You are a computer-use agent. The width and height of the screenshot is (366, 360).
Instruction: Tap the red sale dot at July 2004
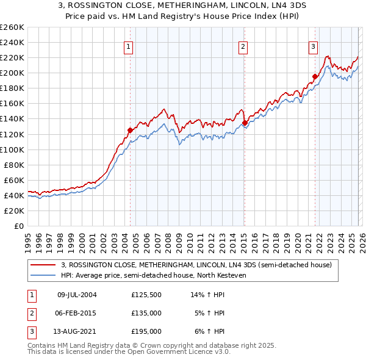tap(130, 130)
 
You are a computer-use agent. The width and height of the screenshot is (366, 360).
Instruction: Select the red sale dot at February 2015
tap(244, 123)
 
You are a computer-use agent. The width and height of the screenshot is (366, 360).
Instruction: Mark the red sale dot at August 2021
tap(315, 77)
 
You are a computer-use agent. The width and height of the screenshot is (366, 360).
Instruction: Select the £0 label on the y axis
tap(18, 226)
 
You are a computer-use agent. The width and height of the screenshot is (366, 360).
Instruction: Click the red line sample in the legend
tap(43, 265)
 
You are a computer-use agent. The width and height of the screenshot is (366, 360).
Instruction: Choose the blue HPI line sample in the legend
tap(43, 276)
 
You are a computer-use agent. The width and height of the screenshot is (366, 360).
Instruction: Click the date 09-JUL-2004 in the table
tap(76, 295)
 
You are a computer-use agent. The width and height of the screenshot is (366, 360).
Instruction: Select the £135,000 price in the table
tap(146, 313)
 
